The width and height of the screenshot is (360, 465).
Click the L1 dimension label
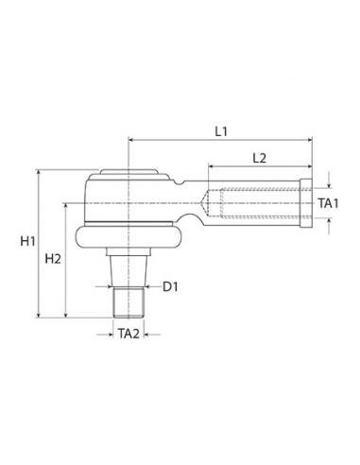[220, 132]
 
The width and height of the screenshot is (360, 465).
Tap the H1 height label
[26, 242]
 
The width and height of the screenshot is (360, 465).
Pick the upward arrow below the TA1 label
[327, 222]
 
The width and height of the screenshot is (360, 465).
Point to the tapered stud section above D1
[127, 269]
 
